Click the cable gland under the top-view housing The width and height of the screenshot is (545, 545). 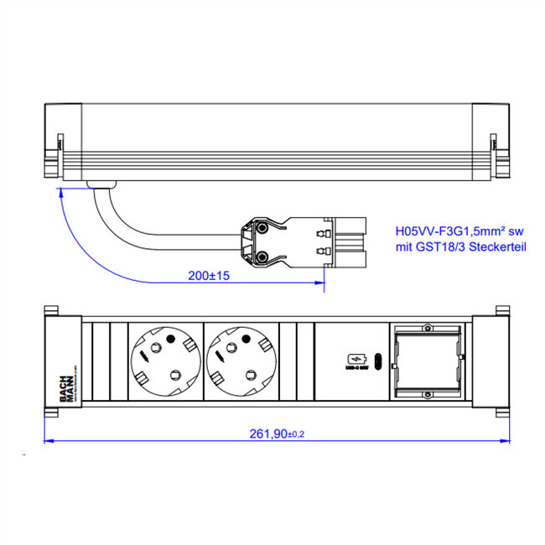click(100, 184)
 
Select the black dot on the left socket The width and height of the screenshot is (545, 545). click(171, 340)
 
